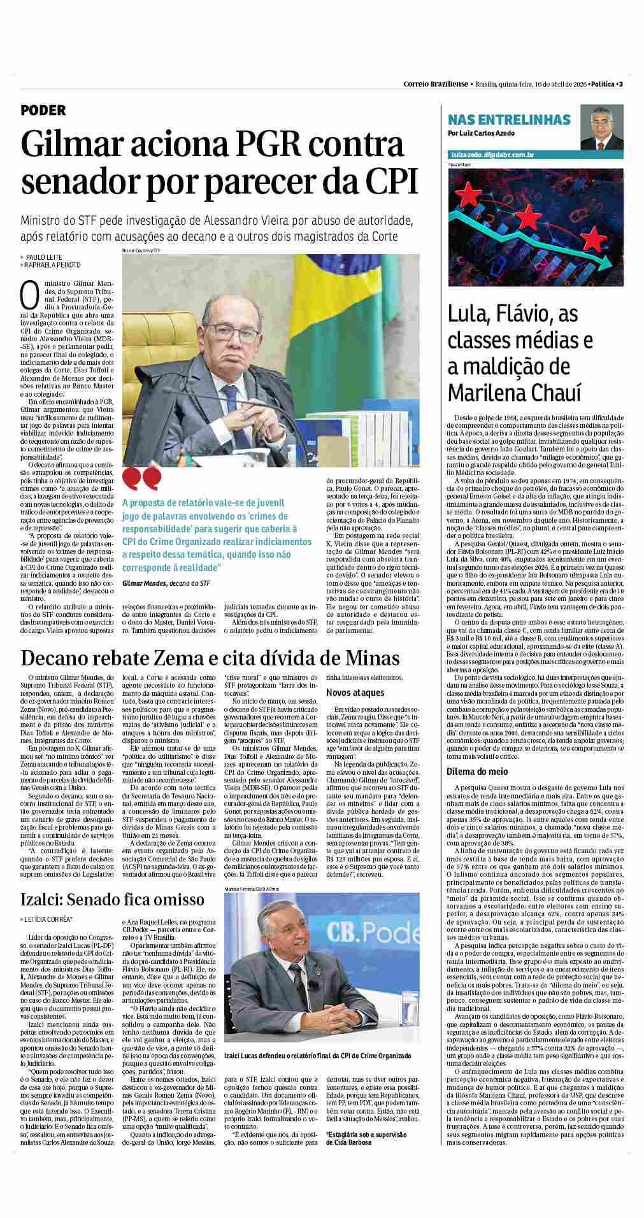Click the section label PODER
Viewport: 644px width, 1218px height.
coord(43,111)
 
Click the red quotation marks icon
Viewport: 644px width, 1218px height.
coord(141,477)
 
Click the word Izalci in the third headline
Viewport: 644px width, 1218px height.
coord(43,899)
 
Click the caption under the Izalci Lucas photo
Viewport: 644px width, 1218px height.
coord(317,1056)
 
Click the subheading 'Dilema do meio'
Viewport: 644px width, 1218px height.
coord(477,772)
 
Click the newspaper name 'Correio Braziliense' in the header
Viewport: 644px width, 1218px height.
coord(436,84)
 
